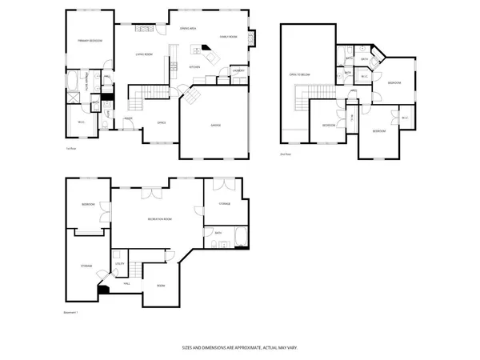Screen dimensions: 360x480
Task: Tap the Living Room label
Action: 144,54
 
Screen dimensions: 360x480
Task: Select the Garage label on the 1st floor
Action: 215,126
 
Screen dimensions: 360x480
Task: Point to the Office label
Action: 162,122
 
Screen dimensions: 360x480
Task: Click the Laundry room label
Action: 238,71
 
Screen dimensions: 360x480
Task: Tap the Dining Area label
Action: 188,29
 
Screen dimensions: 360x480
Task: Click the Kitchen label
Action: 194,67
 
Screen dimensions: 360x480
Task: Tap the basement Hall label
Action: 126,282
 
